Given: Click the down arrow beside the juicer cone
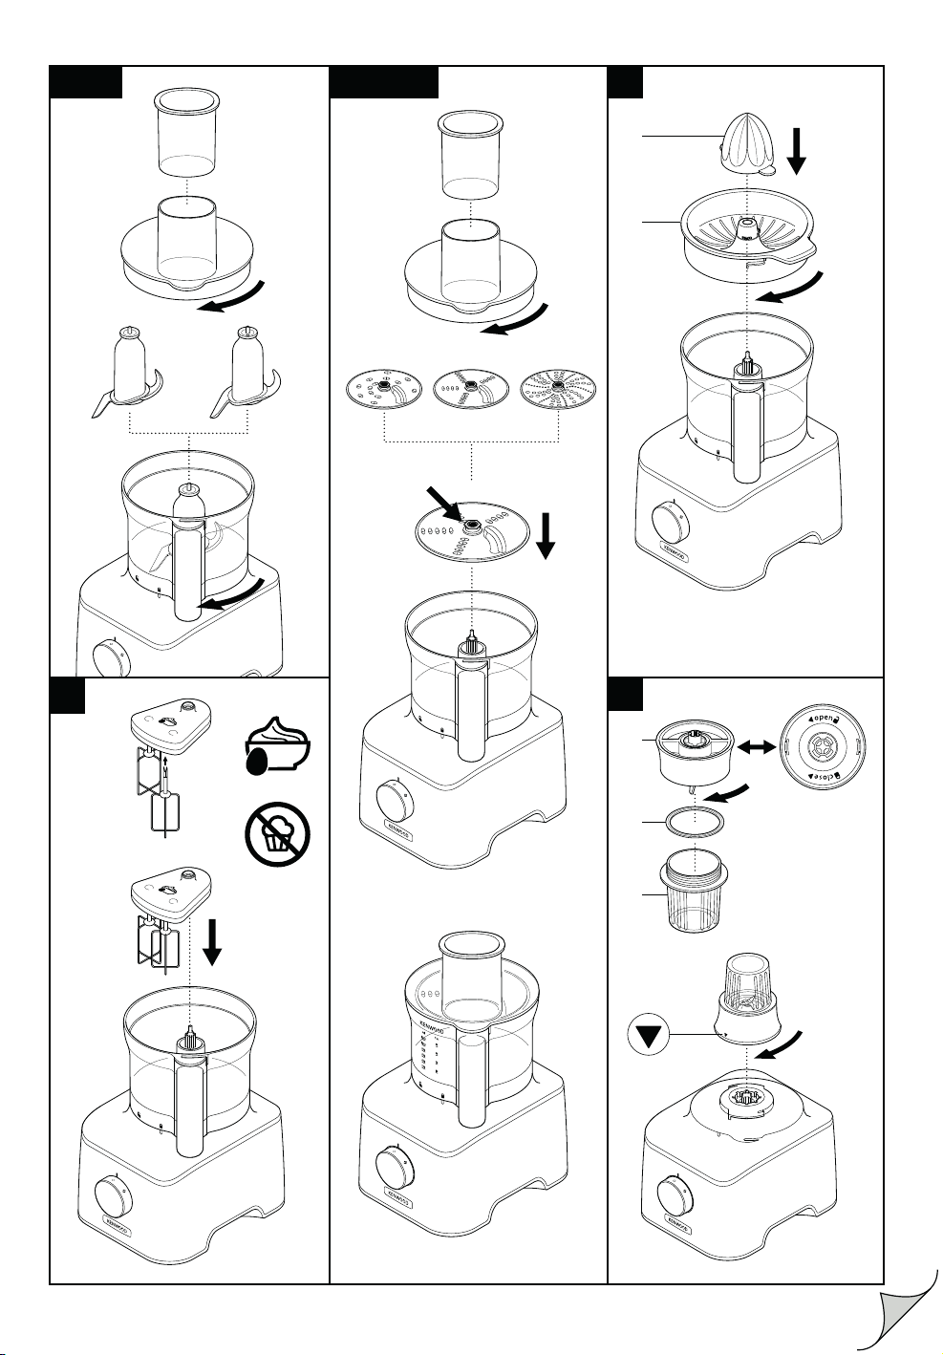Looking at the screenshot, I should pos(796,153).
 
